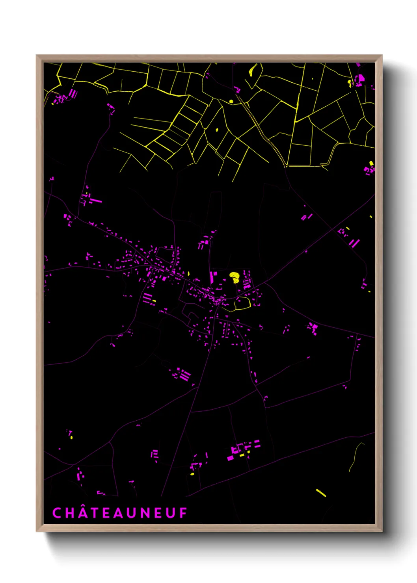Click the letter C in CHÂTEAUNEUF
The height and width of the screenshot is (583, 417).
point(57,513)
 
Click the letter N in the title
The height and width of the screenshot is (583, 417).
point(145,513)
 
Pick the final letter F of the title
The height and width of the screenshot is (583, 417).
point(184,513)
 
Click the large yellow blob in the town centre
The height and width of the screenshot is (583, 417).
point(235,277)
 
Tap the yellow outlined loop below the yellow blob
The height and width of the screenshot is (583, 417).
point(243,304)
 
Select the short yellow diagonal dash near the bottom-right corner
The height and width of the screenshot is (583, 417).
point(321,493)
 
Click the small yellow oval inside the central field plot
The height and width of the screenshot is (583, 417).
point(216,130)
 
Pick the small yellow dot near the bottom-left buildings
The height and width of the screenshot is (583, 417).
point(71,437)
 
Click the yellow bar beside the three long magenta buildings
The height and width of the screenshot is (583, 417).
point(154,301)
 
